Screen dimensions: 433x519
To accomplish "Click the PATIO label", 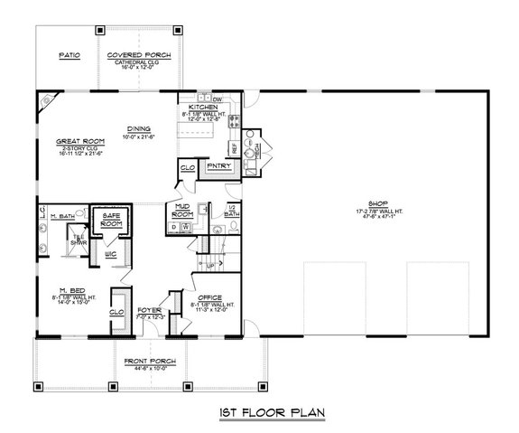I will (70, 55).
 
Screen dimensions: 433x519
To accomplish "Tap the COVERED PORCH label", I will (133, 55).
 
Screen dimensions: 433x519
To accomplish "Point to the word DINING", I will (138, 128).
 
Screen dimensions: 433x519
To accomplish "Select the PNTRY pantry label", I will (219, 166).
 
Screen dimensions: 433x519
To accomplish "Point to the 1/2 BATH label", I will (229, 210).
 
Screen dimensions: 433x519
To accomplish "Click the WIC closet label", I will (110, 254).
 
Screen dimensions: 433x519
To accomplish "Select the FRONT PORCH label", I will (150, 361).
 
